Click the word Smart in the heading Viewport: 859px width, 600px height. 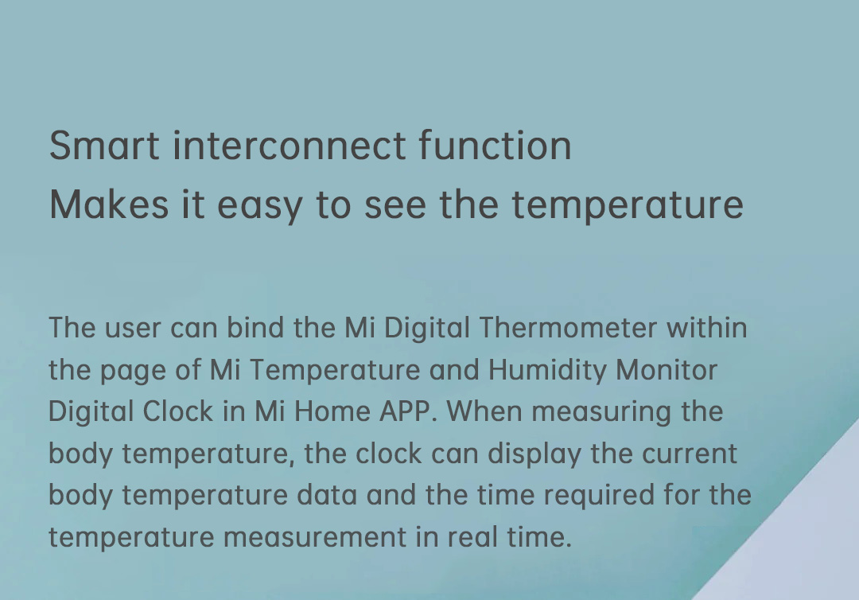104,146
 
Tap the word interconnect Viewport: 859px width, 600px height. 290,146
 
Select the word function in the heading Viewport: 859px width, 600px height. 496,146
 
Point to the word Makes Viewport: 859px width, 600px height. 109,205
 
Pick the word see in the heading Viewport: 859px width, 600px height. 395,206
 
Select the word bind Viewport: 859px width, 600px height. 255,328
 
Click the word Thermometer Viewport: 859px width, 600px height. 568,328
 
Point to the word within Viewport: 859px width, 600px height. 707,328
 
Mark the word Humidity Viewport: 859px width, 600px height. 547,371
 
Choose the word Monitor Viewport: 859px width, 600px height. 667,370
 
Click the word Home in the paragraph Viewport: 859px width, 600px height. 332,411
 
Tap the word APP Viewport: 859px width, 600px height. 405,411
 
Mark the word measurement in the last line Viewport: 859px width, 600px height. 314,538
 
